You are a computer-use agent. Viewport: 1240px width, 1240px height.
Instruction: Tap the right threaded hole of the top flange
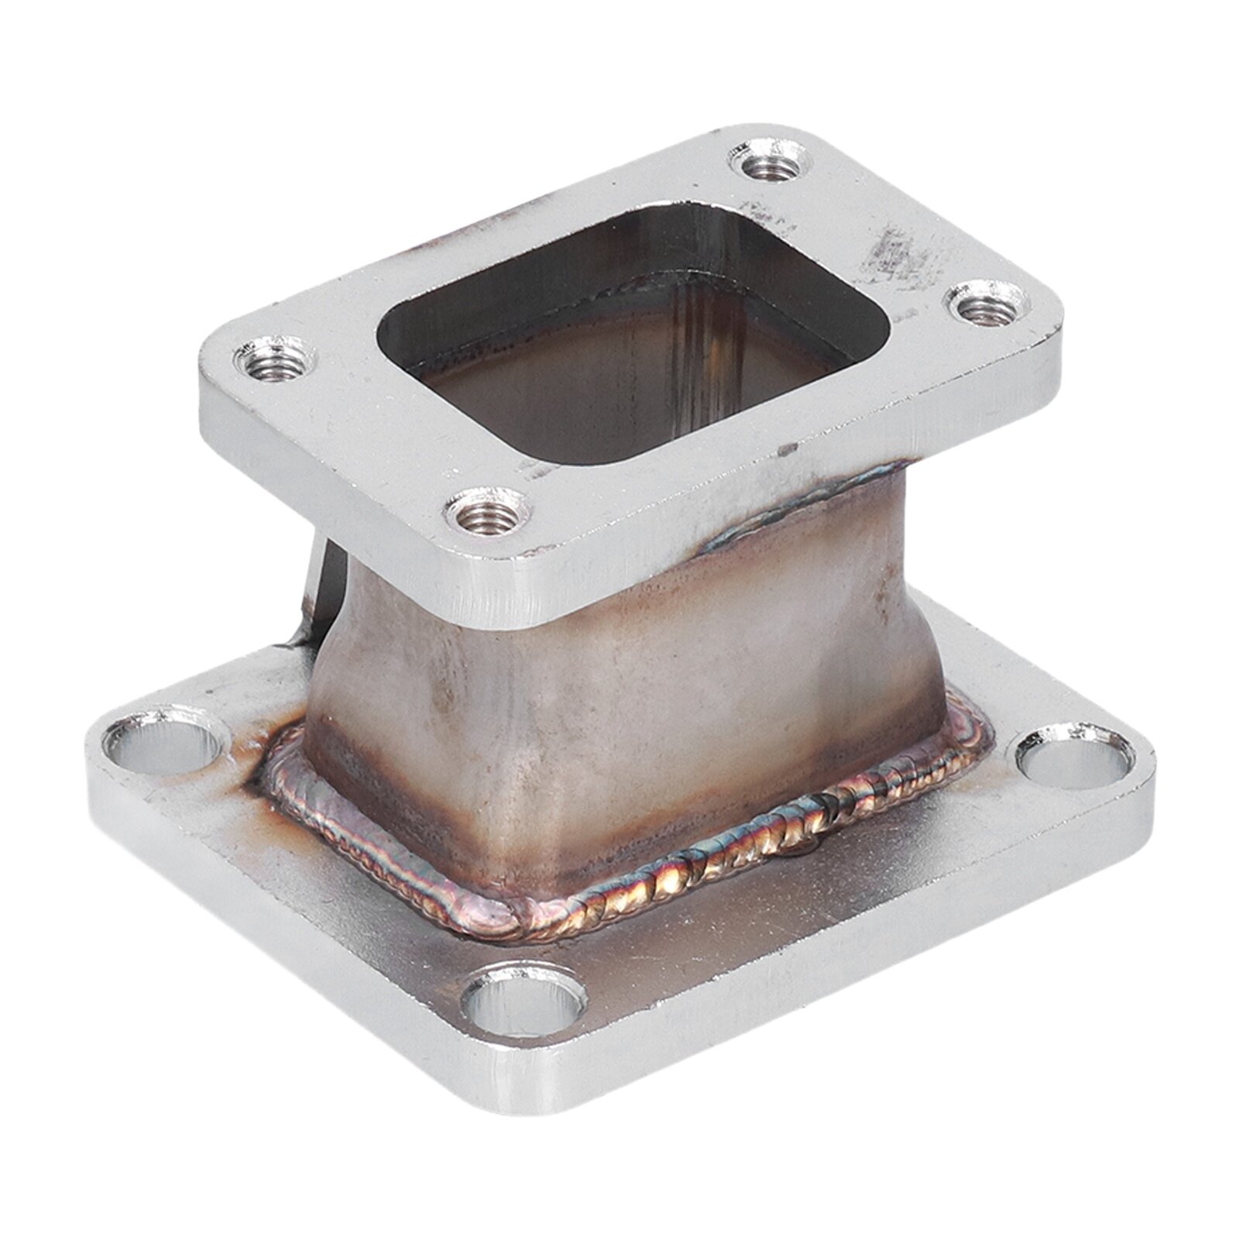[981, 309]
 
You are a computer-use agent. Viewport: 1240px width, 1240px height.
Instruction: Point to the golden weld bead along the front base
[697, 875]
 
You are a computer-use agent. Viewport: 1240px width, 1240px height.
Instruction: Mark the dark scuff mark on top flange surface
[891, 248]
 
